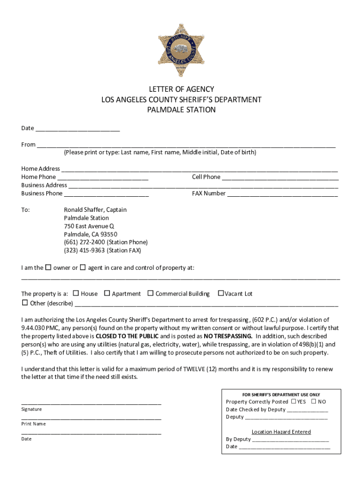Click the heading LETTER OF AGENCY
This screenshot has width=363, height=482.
181,89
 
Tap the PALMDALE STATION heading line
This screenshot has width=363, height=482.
181,110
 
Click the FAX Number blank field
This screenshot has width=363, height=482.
282,194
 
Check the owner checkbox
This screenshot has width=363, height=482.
48,268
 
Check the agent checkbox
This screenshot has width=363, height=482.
82,268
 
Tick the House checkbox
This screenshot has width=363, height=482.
76,293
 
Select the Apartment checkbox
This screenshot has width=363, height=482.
107,293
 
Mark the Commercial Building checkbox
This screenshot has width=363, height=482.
150,293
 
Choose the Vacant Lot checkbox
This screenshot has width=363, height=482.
220,293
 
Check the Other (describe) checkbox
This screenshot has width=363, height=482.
25,303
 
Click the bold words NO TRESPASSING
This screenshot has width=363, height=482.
228,336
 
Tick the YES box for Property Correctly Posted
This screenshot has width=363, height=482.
293,402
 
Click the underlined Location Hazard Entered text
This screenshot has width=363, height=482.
281,432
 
